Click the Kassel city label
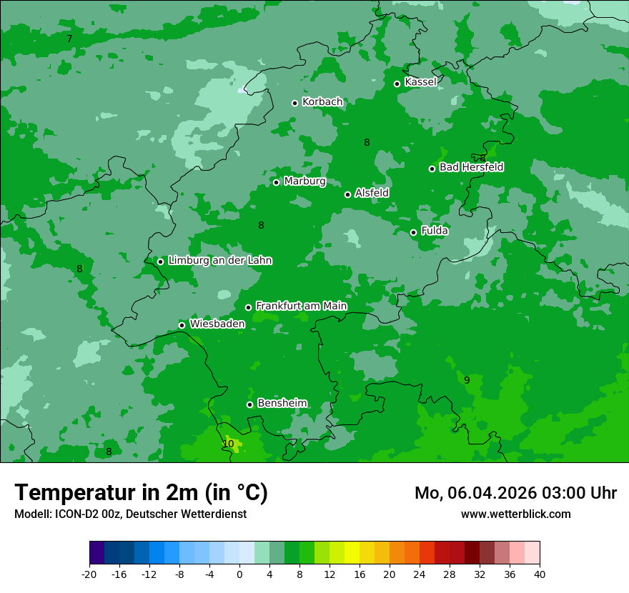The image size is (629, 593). click(x=420, y=82)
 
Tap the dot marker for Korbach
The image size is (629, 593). click(x=294, y=103)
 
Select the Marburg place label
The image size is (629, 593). click(x=304, y=181)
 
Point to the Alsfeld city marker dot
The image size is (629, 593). click(x=347, y=194)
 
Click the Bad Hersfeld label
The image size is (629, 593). click(x=471, y=167)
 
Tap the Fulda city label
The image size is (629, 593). click(x=435, y=231)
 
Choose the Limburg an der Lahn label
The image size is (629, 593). click(x=219, y=261)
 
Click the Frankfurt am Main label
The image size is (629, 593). click(x=301, y=307)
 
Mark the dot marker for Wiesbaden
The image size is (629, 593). click(x=182, y=325)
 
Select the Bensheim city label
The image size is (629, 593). click(x=282, y=403)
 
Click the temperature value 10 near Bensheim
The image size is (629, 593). click(x=228, y=444)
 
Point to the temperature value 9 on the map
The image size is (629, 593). click(x=467, y=380)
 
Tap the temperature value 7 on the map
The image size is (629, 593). click(x=69, y=39)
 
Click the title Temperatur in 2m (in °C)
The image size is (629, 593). click(x=141, y=493)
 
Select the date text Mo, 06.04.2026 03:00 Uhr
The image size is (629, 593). click(x=515, y=493)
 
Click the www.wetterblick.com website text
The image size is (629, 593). click(x=515, y=514)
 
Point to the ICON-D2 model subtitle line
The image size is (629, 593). click(x=130, y=514)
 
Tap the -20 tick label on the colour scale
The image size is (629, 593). click(x=89, y=574)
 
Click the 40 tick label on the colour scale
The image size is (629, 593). click(x=539, y=574)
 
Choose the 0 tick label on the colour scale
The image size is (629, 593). click(x=239, y=574)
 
